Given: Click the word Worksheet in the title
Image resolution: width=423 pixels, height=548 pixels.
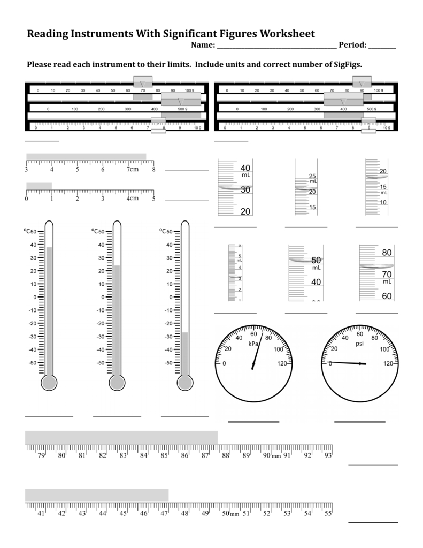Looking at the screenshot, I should tap(287, 34).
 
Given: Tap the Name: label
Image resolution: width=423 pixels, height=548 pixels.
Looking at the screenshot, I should tap(203, 45).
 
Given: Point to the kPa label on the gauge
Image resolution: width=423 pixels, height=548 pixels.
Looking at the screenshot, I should tap(253, 344).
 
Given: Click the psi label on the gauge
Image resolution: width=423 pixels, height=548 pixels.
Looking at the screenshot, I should tap(359, 344).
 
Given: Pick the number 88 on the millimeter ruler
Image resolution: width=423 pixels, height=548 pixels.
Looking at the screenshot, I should tap(226, 456).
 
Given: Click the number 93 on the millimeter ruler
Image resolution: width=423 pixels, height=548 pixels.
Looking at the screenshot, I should tap(327, 456).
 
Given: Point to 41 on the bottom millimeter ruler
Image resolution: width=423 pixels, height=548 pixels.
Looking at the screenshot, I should tap(41, 513).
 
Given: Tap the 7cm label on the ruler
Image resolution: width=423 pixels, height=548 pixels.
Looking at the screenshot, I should tap(132, 170).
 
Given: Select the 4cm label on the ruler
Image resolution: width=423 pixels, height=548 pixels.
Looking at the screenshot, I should tap(132, 199).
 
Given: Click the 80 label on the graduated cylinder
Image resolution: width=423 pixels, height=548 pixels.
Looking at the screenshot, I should tap(387, 253).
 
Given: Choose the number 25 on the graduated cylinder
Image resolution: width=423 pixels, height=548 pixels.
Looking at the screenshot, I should tap(313, 177).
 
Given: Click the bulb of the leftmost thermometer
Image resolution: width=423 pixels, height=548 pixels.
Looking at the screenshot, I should tap(49, 383).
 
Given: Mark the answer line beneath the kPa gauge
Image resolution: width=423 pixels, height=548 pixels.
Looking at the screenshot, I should tap(253, 422).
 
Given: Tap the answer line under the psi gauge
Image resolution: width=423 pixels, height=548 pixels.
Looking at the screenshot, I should tap(359, 422).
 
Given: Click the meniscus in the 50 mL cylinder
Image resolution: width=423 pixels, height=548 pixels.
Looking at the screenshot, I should tap(303, 260).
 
